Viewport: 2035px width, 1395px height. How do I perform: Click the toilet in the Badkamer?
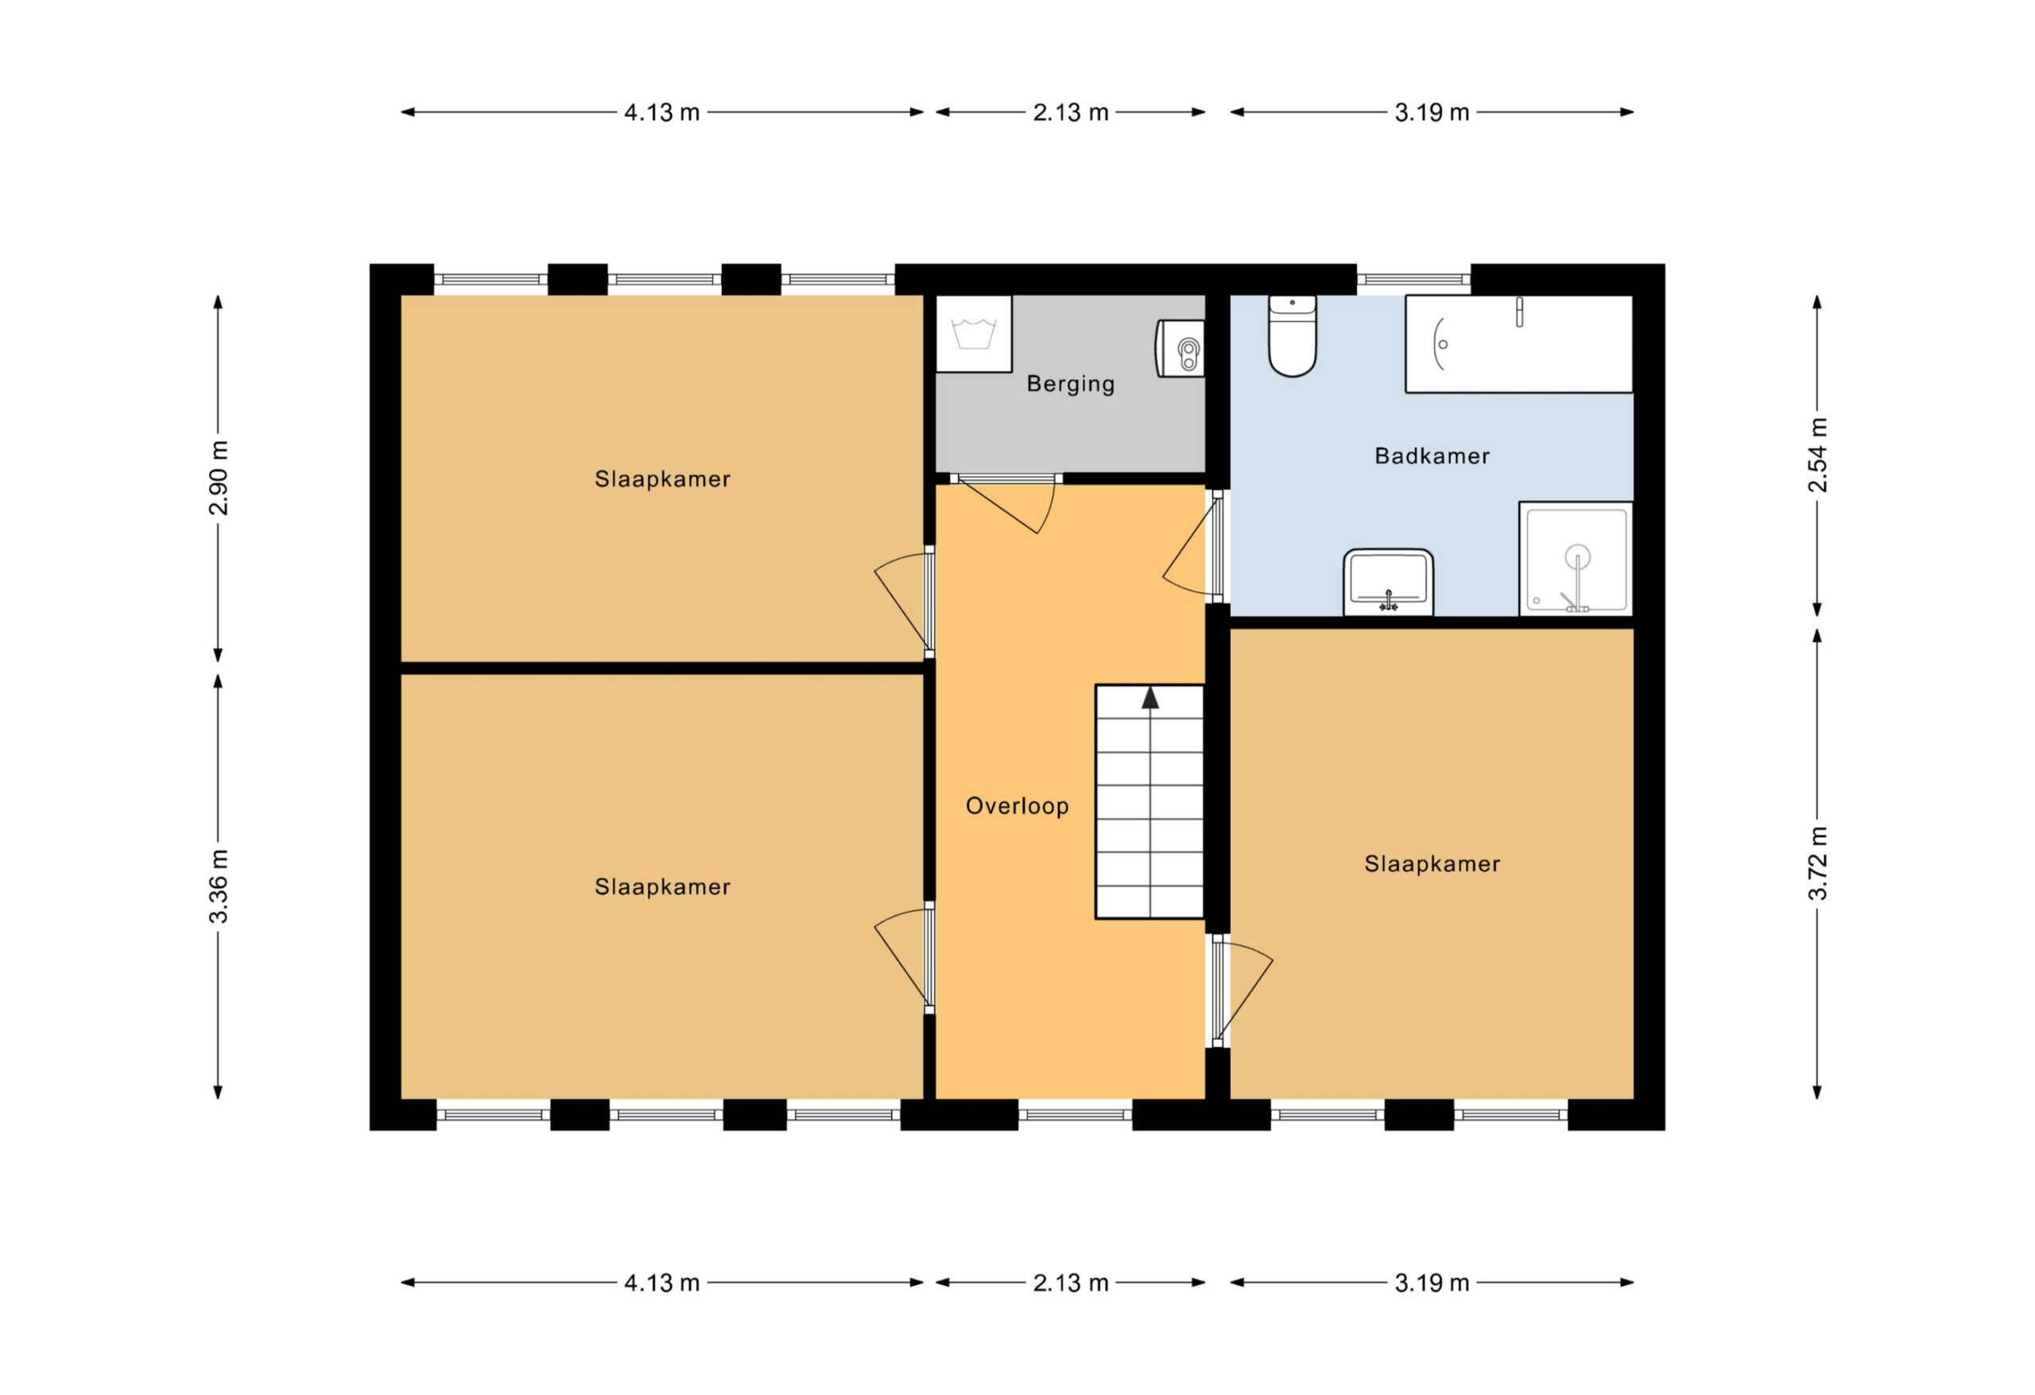(x=1292, y=336)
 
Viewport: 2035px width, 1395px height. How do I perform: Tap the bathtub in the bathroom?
(x=1518, y=343)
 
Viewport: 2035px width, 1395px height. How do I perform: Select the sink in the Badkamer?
(x=1388, y=583)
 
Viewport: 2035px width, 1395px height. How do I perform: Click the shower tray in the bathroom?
(x=1576, y=559)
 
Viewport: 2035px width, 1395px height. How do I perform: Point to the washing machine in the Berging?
(x=974, y=334)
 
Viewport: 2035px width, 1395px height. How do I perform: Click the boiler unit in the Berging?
(x=1180, y=348)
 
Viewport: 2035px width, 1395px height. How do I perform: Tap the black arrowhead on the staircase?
(x=1149, y=698)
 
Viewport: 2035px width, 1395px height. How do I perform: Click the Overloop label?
(x=1017, y=806)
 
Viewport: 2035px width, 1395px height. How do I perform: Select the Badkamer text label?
(x=1432, y=455)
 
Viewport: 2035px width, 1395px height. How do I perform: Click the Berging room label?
(x=1070, y=384)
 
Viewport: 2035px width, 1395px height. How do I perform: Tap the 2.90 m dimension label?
(x=218, y=479)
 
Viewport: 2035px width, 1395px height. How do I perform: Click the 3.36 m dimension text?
(x=218, y=886)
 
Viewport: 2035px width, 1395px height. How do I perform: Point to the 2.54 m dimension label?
(x=1818, y=455)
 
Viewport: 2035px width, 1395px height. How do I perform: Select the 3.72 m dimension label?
(x=1818, y=862)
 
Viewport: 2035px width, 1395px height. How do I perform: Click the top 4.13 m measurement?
(x=661, y=112)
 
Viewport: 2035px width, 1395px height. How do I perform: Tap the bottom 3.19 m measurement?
(x=1432, y=1283)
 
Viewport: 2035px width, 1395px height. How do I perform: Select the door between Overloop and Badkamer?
(x=1196, y=546)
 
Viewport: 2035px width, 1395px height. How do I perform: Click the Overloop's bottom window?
(x=1076, y=1114)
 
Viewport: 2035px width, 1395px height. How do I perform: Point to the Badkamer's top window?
(x=1413, y=279)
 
